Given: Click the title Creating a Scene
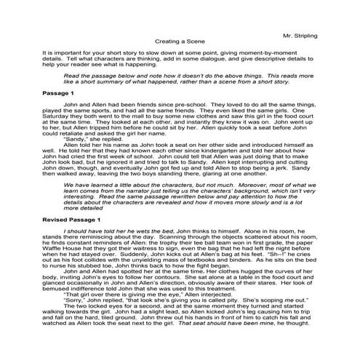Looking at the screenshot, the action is (x=179, y=42).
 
